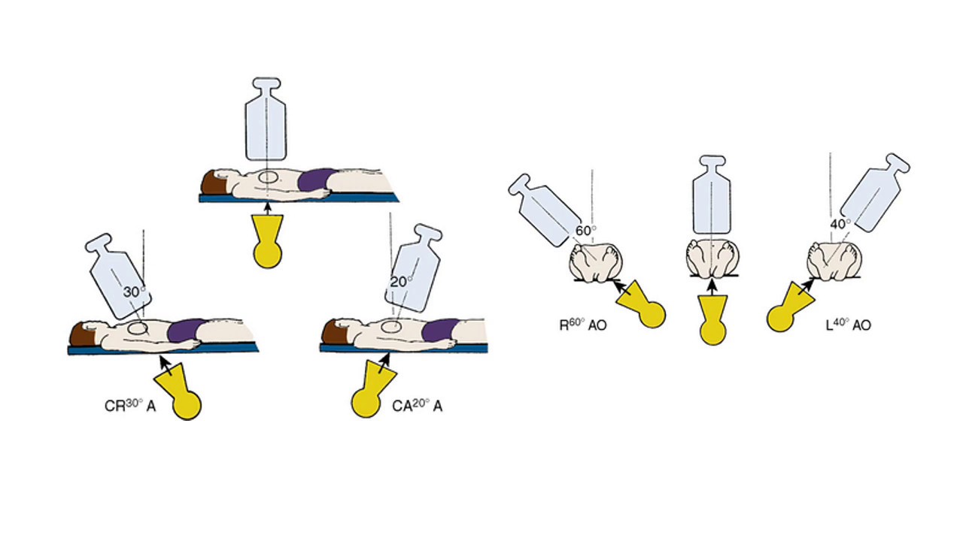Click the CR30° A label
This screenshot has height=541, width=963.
[x=130, y=405]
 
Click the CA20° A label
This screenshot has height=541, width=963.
[x=417, y=405]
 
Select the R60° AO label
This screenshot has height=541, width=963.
[x=583, y=325]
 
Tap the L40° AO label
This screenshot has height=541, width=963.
[x=849, y=325]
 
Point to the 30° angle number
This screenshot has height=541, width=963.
[x=134, y=292]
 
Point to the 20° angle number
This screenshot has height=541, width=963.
[x=401, y=282]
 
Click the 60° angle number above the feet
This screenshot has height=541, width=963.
[x=585, y=231]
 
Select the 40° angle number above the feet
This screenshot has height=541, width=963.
[x=840, y=224]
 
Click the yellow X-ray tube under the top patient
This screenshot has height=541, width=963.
[x=267, y=242]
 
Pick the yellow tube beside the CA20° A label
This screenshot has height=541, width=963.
[x=372, y=389]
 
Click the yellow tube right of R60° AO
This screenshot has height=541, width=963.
[x=641, y=304]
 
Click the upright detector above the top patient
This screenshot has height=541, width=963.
[x=266, y=119]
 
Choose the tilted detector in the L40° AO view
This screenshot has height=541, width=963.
[x=875, y=192]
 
